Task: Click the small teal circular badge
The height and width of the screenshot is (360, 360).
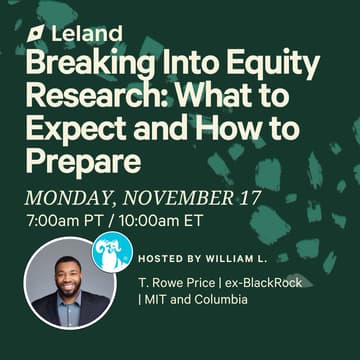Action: click(x=111, y=250)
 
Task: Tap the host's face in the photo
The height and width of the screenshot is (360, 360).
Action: click(x=67, y=275)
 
